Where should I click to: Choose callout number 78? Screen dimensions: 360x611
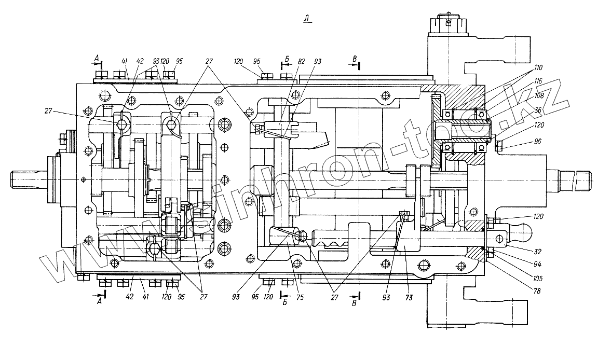coord(537,292)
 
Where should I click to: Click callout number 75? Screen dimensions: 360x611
coord(300,298)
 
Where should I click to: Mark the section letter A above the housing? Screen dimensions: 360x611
coord(97,57)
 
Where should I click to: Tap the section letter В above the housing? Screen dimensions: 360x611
coord(355,59)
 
